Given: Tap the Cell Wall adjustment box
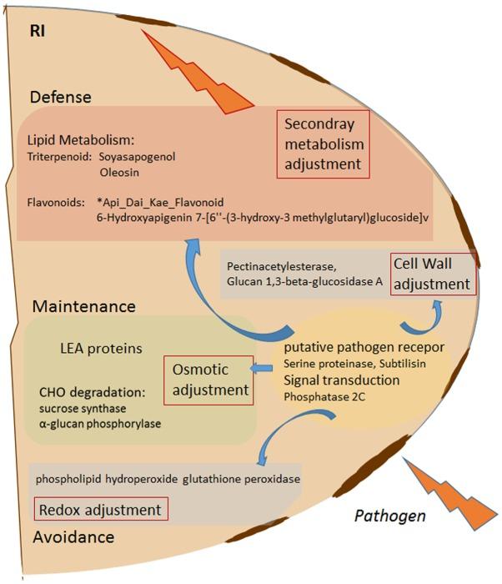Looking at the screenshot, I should pos(433,273).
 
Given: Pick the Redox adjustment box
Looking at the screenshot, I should pos(99,509).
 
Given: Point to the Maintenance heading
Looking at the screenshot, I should pos(83,306).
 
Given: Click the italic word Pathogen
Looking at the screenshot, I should pos(390,516).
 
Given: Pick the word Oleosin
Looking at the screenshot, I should pos(120,173).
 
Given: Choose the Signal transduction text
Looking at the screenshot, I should pos(342,380).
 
